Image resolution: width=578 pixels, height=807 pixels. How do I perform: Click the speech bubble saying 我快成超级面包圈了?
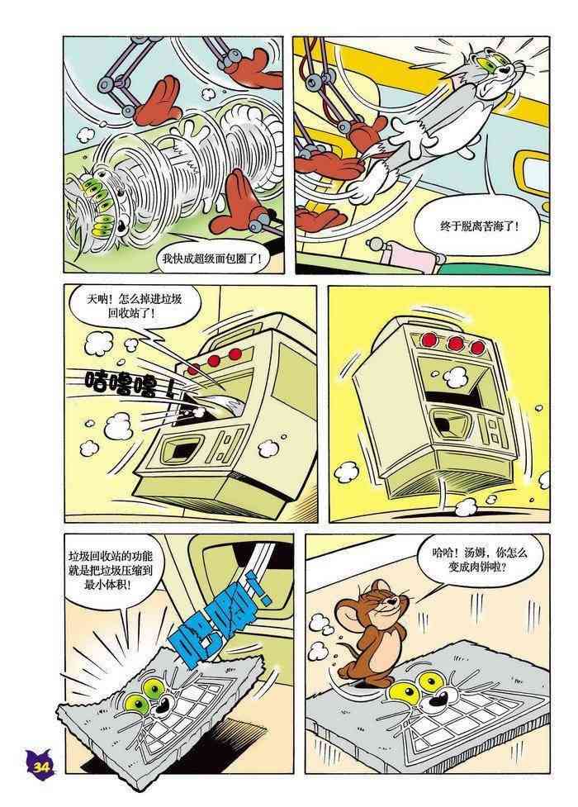pos(212,259)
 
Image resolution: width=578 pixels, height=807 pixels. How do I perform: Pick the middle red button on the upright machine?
pos(454,342)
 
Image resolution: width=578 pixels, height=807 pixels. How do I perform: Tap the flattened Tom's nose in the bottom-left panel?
pos(163,705)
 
